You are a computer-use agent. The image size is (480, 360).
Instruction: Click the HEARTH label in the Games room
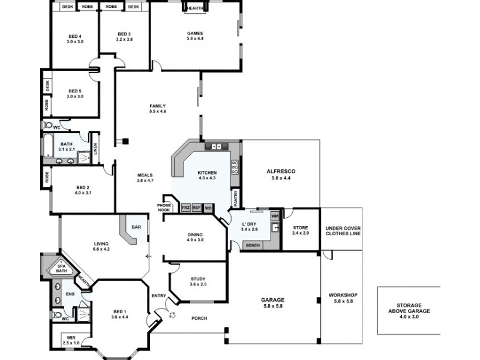point(194,9)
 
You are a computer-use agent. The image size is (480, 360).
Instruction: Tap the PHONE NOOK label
point(165,206)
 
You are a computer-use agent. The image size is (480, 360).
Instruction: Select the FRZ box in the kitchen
point(185,208)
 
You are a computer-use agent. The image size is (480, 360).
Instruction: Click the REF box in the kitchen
point(197,208)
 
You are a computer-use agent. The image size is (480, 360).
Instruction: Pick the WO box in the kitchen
point(208,208)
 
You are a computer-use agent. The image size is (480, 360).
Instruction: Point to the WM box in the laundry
point(275,215)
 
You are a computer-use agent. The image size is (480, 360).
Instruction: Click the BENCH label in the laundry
point(253,245)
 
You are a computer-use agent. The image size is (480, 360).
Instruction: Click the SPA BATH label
point(61,269)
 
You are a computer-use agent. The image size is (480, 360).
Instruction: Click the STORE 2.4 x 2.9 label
point(300,230)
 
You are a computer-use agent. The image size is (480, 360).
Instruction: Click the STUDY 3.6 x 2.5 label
point(198,281)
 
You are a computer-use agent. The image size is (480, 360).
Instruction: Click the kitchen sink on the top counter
point(217,146)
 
